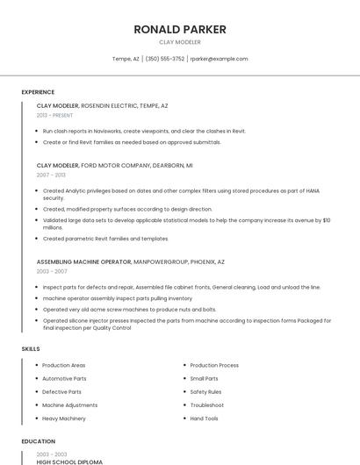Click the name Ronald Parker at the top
click(180, 29)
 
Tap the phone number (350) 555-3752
click(165, 59)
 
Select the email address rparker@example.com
click(219, 59)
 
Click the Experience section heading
click(38, 92)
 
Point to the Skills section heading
click(31, 349)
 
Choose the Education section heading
click(38, 441)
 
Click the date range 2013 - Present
click(54, 115)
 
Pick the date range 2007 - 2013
click(50, 175)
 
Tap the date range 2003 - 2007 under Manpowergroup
click(51, 271)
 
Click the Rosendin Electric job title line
click(102, 105)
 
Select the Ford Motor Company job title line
click(114, 165)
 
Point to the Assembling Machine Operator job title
click(83, 261)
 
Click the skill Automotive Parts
click(64, 378)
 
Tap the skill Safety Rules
click(205, 391)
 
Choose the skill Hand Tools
click(204, 418)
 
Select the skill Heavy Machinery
click(64, 418)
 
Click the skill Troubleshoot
click(206, 405)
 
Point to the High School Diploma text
click(69, 461)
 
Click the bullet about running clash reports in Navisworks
click(144, 131)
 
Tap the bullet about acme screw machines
click(129, 309)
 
